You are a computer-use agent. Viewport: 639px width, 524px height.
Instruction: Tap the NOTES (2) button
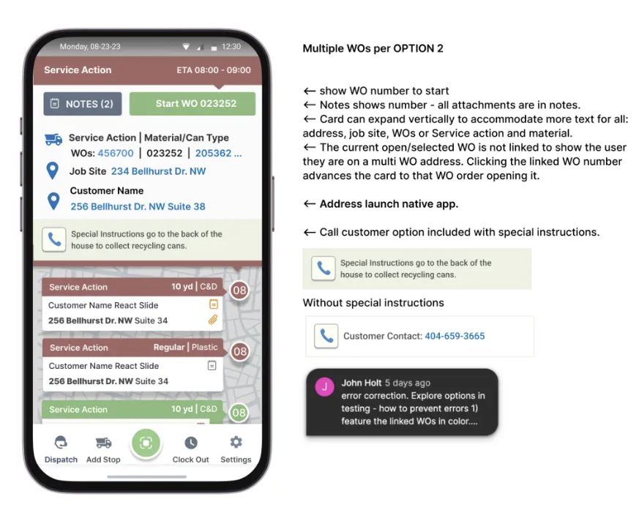[83, 104]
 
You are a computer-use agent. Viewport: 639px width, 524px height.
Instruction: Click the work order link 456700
[116, 153]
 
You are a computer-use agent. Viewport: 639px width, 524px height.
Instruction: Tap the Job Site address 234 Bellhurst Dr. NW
[159, 171]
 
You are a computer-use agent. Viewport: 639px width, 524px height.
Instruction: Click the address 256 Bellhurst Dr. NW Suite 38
[138, 206]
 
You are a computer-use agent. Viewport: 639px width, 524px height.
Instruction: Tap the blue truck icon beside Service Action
[53, 139]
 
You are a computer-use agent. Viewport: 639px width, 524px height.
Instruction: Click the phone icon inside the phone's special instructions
[54, 239]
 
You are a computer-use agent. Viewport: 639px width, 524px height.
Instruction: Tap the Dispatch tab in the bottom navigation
[61, 449]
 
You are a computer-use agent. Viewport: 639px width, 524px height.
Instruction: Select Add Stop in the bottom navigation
[103, 449]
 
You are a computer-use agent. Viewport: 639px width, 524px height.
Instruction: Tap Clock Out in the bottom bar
[191, 449]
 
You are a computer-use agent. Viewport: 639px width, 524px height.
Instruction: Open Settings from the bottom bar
[236, 449]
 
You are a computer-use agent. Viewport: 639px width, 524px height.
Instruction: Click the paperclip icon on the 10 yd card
[213, 320]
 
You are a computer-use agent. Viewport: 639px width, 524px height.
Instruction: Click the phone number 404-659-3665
[455, 336]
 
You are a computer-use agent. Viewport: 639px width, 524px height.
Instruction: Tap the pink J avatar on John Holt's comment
[325, 387]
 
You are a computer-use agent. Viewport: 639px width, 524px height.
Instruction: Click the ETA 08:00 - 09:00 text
[214, 70]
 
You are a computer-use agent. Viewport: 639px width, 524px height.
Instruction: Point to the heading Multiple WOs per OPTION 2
[373, 48]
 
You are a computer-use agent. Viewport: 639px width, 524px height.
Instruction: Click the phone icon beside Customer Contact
[326, 336]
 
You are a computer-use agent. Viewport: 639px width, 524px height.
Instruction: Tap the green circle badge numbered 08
[239, 413]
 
